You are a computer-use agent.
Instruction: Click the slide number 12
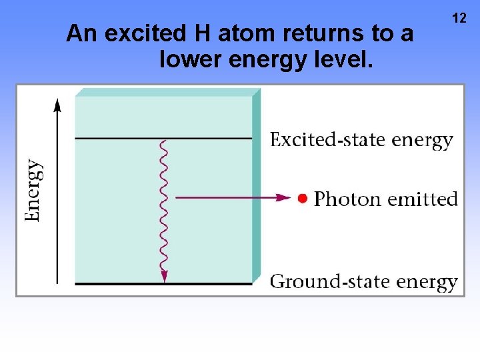click(x=459, y=18)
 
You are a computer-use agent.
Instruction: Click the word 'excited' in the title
click(x=141, y=33)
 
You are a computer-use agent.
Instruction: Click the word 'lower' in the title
click(x=191, y=61)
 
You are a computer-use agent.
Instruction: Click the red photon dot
click(x=303, y=198)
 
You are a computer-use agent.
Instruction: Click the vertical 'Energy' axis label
click(x=34, y=190)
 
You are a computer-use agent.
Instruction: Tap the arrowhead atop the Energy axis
click(x=57, y=104)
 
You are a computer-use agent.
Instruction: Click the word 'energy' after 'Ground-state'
click(x=427, y=282)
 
